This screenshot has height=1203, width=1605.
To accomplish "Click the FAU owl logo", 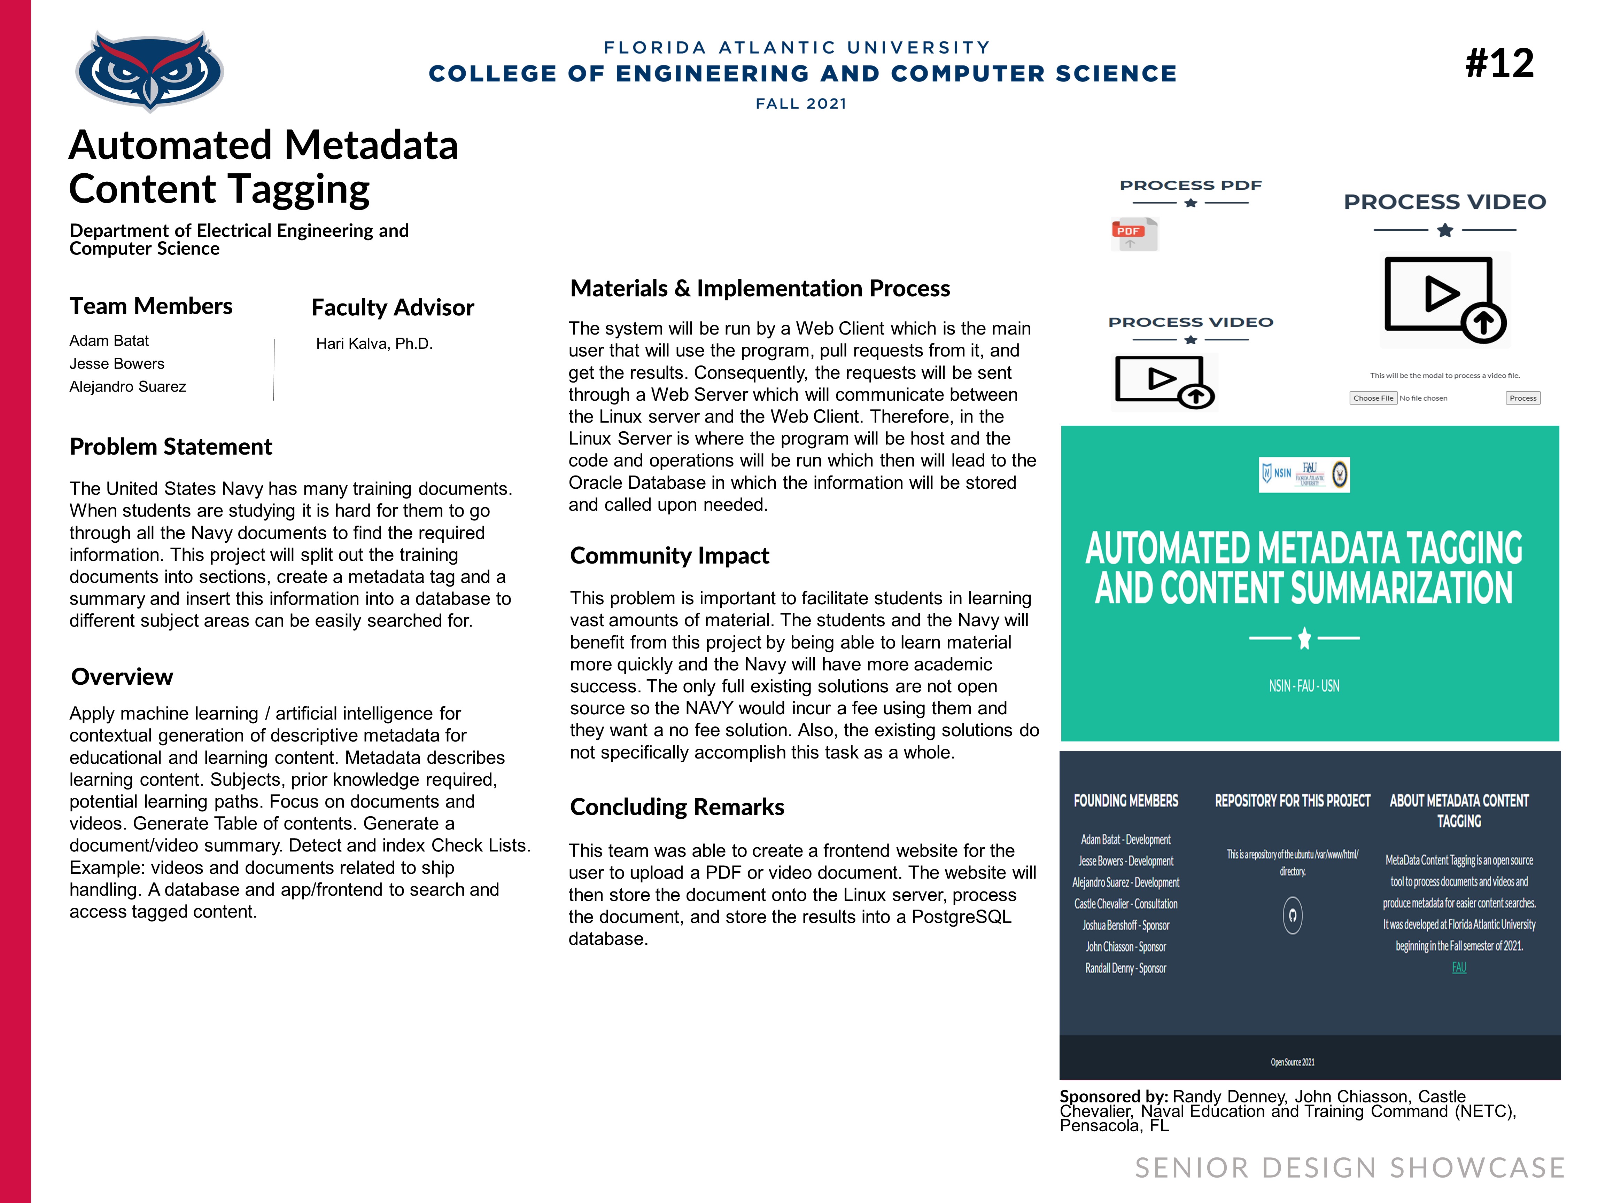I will tap(149, 70).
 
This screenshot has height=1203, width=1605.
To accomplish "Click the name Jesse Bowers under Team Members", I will tap(117, 363).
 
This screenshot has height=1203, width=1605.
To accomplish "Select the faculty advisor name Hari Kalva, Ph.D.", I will tap(374, 344).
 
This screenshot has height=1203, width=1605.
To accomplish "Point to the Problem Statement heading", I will tap(171, 447).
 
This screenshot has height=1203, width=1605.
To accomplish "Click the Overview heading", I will tap(122, 677).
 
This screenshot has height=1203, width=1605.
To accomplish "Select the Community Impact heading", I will tap(669, 556).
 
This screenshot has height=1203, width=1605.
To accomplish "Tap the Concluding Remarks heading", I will tap(677, 807).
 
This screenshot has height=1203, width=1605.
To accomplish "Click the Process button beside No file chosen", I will tap(1522, 398).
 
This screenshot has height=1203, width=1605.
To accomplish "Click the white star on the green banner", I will tap(1304, 638).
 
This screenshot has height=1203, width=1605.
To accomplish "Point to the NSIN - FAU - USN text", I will tap(1304, 686).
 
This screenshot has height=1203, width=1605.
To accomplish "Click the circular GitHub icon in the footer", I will tap(1292, 915).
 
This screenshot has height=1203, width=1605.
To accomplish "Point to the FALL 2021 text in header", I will tap(801, 104).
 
